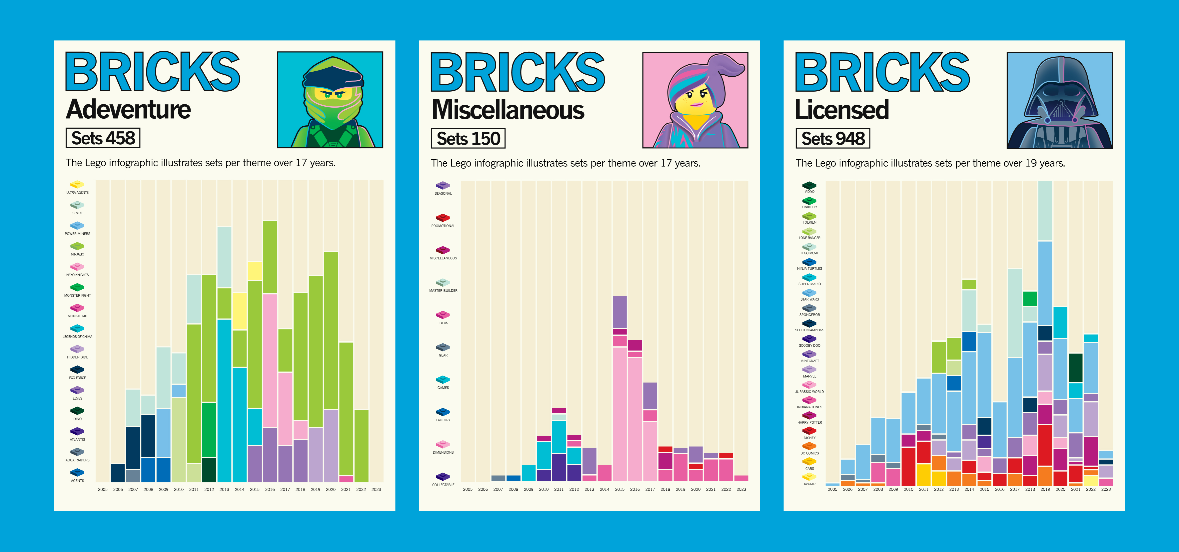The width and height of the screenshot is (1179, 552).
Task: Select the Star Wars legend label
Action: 809,299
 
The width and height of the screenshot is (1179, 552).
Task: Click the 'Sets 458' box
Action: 103,138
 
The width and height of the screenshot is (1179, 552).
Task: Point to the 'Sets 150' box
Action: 468,138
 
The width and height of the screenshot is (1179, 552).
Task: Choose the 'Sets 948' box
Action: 832,138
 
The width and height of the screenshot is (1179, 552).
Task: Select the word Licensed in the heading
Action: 841,110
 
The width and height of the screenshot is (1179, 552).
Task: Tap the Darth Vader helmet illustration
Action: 1059,100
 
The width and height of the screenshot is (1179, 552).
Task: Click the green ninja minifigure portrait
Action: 330,100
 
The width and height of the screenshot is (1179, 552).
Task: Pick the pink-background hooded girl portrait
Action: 695,100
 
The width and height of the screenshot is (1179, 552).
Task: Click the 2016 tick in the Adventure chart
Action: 270,489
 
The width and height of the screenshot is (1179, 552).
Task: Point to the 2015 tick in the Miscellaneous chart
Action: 619,489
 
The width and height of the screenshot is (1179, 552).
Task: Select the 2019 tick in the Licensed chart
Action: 1045,489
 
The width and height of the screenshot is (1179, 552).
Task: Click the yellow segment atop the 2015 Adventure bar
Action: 255,271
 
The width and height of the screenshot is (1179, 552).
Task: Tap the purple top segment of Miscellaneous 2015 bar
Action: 619,312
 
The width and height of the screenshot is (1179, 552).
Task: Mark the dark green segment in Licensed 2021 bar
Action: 1075,368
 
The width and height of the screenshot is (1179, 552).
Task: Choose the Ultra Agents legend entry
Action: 77,187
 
